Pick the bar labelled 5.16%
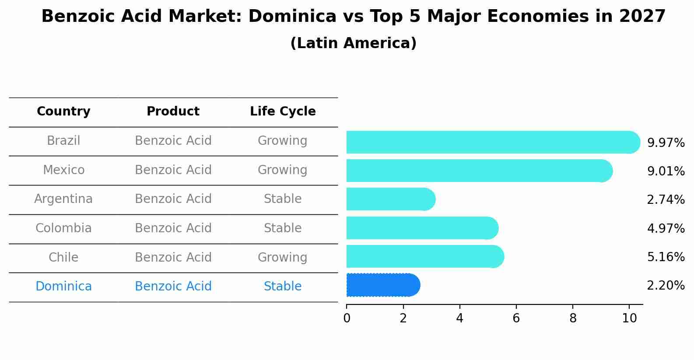[424, 256]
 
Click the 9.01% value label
[666, 171]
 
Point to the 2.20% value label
[666, 286]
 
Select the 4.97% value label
[666, 228]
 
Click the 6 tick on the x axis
[516, 318]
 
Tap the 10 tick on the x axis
[629, 318]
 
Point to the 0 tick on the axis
[347, 318]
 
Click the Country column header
[63, 112]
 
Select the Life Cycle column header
[283, 112]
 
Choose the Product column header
[173, 112]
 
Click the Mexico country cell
[63, 170]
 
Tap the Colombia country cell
[63, 228]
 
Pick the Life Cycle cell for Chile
[283, 257]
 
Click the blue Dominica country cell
[63, 287]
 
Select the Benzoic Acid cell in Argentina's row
[173, 199]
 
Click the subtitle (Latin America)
[353, 43]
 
